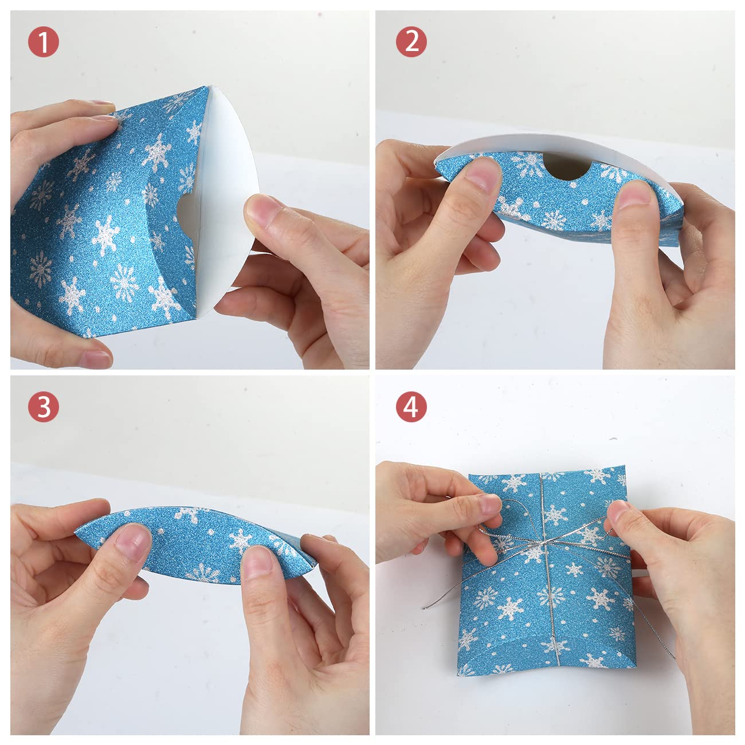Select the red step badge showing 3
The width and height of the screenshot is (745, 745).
(43, 407)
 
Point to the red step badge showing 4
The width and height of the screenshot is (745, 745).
(411, 407)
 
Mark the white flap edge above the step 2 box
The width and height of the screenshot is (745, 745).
(550, 140)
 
